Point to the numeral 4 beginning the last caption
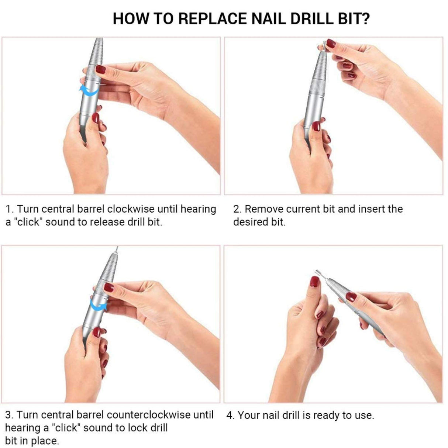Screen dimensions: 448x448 [230, 415]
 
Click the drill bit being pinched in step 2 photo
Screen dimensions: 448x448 [322, 47]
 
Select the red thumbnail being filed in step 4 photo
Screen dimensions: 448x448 [314, 282]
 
